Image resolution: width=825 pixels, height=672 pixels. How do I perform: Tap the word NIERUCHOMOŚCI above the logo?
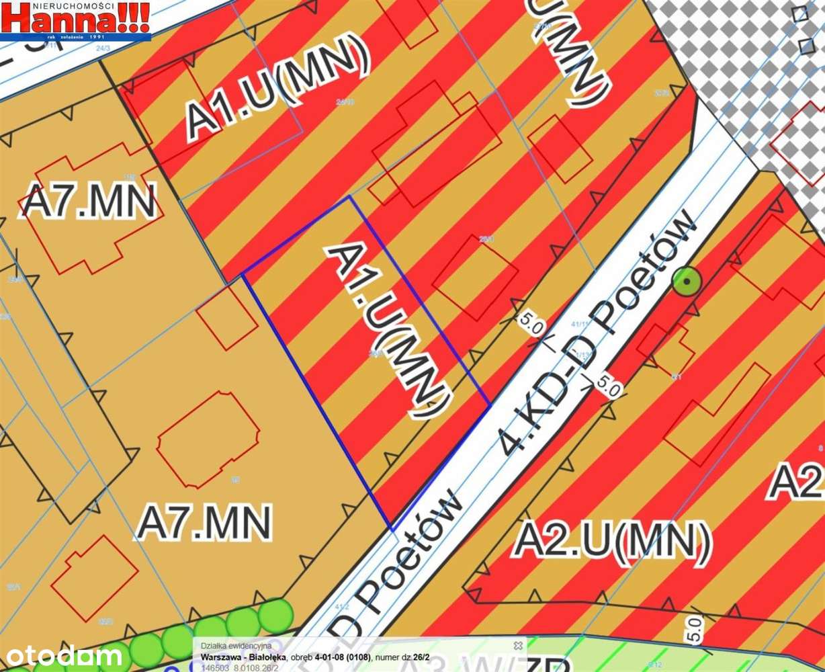74,5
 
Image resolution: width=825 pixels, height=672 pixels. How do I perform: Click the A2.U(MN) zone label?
611,542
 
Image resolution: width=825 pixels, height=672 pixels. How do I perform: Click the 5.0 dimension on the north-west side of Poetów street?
530,325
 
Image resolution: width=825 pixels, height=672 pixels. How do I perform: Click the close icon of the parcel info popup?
518,645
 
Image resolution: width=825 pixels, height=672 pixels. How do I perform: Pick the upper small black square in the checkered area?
799,14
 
